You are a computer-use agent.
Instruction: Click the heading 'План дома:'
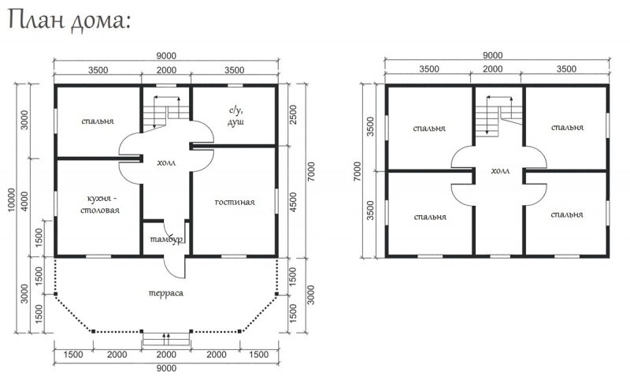pyautogui.click(x=69, y=21)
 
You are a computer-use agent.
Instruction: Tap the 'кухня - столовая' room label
pyautogui.click(x=103, y=204)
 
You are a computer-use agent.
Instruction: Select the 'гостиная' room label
pyautogui.click(x=235, y=202)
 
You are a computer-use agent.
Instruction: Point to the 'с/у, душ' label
pyautogui.click(x=235, y=116)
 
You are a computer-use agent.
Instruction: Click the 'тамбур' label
pyautogui.click(x=166, y=239)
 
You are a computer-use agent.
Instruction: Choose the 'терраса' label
pyautogui.click(x=166, y=292)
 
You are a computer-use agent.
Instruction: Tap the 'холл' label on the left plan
pyautogui.click(x=166, y=162)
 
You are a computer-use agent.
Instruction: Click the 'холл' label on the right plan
pyautogui.click(x=500, y=170)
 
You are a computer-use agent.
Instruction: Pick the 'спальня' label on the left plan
pyautogui.click(x=98, y=121)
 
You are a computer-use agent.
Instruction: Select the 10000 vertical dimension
pyautogui.click(x=11, y=199)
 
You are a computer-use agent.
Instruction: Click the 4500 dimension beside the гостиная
pyautogui.click(x=293, y=203)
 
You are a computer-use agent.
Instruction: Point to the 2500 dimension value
pyautogui.click(x=293, y=114)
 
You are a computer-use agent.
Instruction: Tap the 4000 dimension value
pyautogui.click(x=24, y=201)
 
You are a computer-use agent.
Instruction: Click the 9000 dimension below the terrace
pyautogui.click(x=166, y=368)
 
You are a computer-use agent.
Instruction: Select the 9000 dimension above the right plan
pyautogui.click(x=493, y=55)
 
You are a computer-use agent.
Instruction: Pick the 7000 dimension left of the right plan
pyautogui.click(x=358, y=171)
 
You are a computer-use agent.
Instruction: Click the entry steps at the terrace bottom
pyautogui.click(x=166, y=339)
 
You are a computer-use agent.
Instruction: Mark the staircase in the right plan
pyautogui.click(x=499, y=114)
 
